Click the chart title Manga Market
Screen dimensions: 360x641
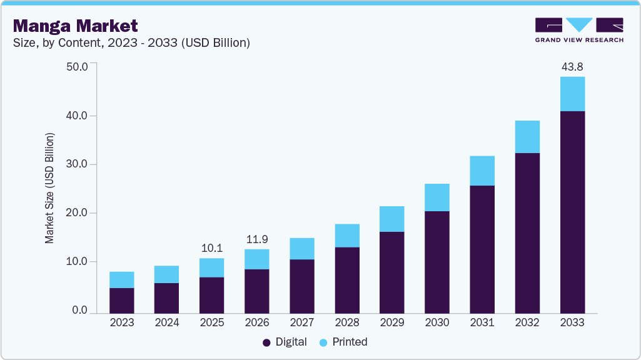point(76,26)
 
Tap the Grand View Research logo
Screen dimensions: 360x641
point(578,29)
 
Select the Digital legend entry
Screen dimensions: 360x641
point(285,342)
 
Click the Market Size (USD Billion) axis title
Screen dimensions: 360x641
point(49,188)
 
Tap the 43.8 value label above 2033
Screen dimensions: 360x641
point(572,67)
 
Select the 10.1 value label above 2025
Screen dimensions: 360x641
point(211,248)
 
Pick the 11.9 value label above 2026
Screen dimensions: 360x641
point(256,239)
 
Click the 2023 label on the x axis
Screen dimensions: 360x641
point(122,322)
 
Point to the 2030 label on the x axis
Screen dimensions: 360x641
point(437,322)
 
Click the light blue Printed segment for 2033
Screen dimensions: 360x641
point(572,94)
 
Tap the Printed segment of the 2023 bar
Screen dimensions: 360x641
point(122,280)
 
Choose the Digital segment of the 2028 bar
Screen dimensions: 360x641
point(347,280)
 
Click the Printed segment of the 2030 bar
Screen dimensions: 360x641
point(437,197)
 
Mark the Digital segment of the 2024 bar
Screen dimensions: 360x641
point(167,297)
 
